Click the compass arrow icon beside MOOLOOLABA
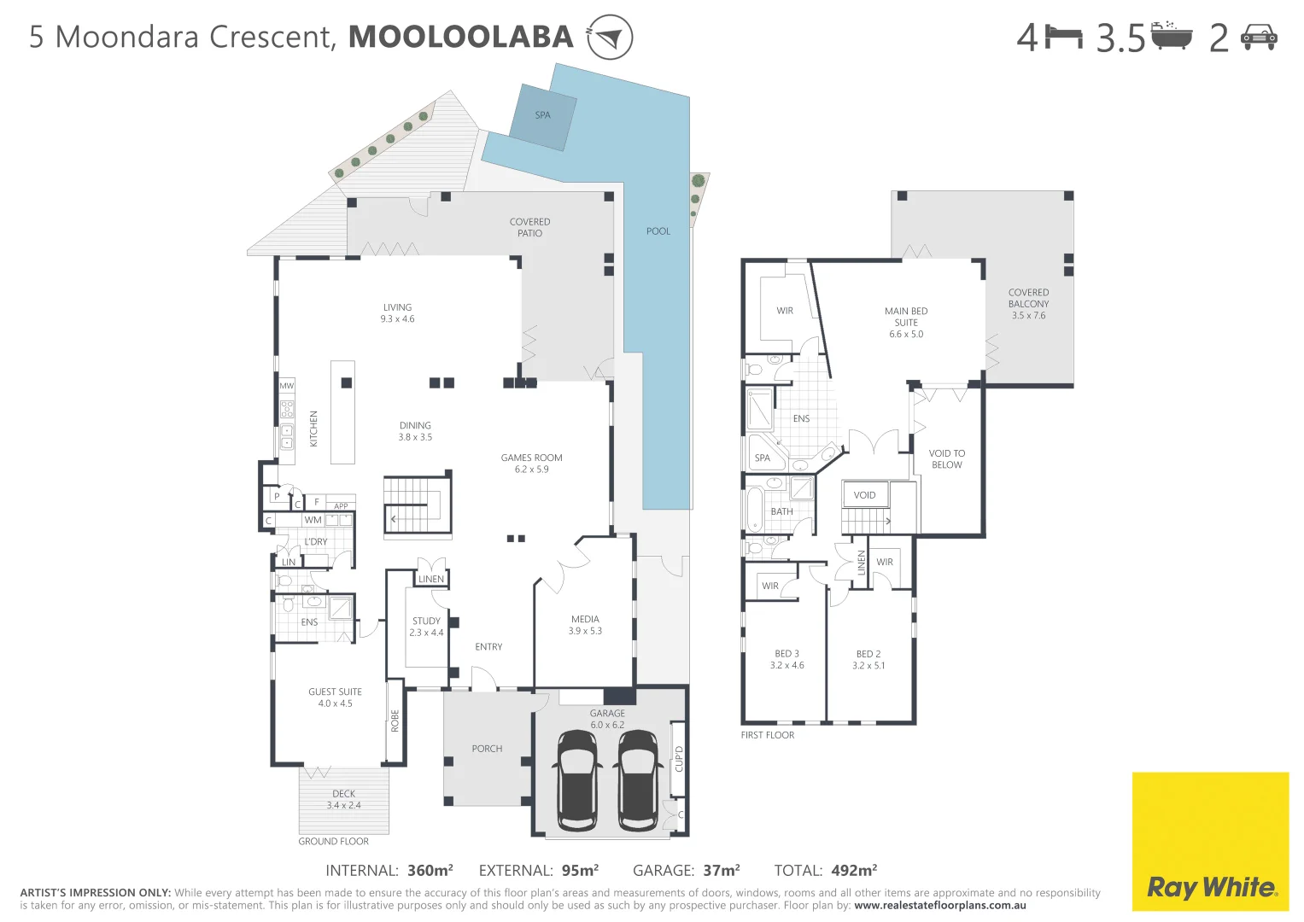[x=610, y=38]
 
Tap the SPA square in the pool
[x=543, y=116]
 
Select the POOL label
[x=658, y=231]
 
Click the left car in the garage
[x=577, y=779]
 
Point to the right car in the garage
[x=637, y=779]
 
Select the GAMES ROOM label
[x=531, y=458]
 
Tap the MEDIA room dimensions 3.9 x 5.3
[x=585, y=632]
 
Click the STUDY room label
[x=426, y=621]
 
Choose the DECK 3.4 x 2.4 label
[x=344, y=800]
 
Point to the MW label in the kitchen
[x=286, y=387]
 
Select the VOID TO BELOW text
[x=946, y=459]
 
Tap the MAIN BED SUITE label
[x=906, y=317]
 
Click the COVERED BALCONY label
[x=1028, y=298]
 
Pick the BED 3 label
[x=786, y=654]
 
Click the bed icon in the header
[x=1064, y=38]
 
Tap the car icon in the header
[x=1259, y=38]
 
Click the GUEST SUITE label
[x=335, y=692]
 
